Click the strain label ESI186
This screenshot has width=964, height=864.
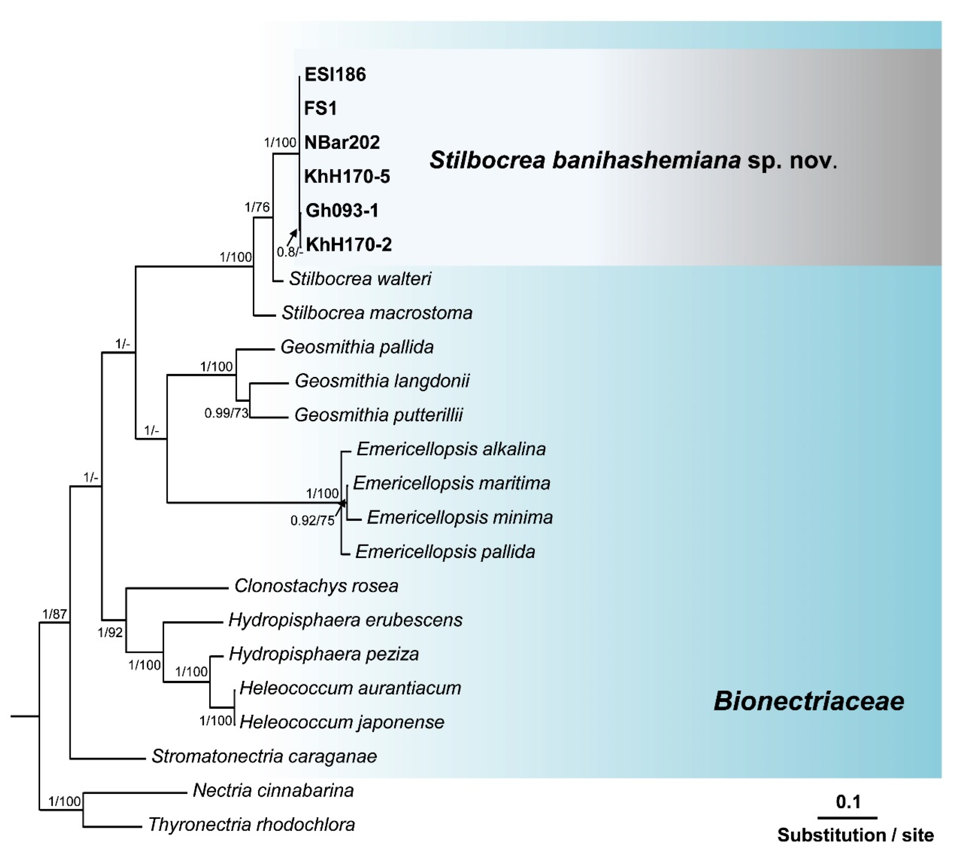[335, 75]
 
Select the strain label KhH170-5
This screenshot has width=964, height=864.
[347, 177]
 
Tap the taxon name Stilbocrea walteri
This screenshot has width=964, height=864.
[360, 279]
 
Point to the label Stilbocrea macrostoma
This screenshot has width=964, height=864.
[377, 313]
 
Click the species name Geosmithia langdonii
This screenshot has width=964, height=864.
[382, 381]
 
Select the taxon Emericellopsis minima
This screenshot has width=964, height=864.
[460, 517]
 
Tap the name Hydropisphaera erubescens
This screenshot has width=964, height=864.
[345, 620]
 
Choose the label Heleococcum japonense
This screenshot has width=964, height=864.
[342, 722]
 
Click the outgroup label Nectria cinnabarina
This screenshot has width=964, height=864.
[273, 790]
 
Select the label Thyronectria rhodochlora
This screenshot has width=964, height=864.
[252, 825]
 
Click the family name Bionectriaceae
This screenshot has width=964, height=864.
[809, 701]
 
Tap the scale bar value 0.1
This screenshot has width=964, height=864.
[848, 802]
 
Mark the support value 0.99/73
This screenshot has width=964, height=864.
[226, 414]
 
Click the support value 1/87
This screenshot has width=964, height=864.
[55, 614]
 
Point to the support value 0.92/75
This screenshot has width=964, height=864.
[312, 521]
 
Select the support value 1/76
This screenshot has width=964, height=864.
[257, 207]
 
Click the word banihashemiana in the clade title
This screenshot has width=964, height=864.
[646, 160]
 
